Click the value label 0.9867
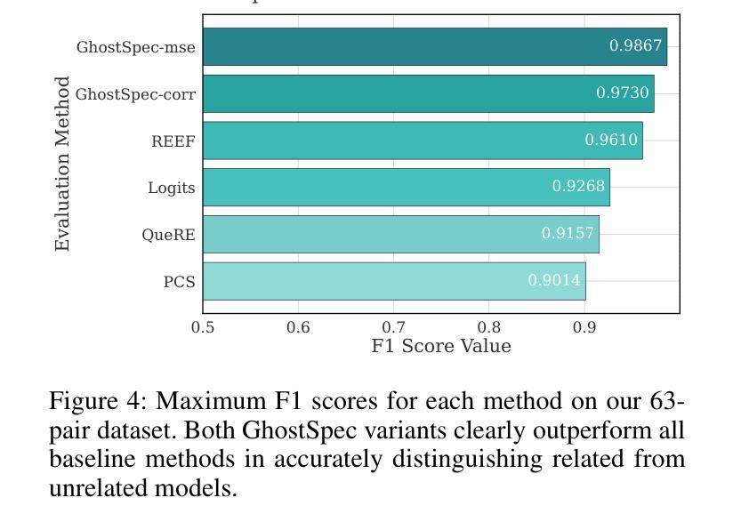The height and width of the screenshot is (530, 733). point(635,46)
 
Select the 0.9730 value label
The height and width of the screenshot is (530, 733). point(623,93)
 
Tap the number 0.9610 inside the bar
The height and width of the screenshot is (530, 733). point(611,141)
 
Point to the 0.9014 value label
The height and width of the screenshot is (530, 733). point(554,281)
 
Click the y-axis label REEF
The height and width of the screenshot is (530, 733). point(173,141)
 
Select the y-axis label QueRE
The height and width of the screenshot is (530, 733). point(168,236)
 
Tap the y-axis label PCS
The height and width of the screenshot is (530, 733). point(179,282)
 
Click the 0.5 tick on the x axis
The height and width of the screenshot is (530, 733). point(203,327)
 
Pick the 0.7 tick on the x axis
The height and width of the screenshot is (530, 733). point(394,327)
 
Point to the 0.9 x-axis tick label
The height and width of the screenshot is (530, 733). point(584,327)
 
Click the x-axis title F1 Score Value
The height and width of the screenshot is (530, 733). point(441,346)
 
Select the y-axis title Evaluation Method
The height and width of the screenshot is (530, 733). point(62,164)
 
